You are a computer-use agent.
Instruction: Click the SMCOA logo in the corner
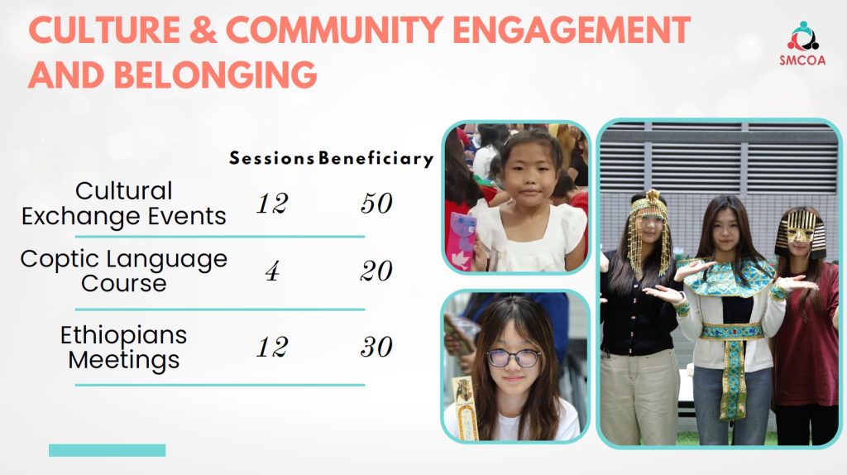click(802, 43)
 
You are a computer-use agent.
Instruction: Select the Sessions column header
click(271, 158)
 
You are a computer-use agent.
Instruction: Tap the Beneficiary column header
click(376, 158)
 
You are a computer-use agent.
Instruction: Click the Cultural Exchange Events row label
click(124, 204)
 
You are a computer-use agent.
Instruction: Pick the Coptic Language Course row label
click(124, 271)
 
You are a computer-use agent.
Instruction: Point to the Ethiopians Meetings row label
click(124, 347)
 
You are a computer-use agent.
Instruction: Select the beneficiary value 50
click(376, 204)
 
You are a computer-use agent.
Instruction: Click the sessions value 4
click(272, 271)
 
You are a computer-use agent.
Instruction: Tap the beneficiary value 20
click(376, 271)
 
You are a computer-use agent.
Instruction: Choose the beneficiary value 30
click(376, 347)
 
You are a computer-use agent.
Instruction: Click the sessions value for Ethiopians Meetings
click(272, 347)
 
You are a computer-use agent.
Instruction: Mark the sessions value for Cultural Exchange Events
click(272, 204)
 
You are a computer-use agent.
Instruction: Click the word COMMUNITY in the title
click(335, 30)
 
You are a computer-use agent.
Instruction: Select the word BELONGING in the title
click(216, 74)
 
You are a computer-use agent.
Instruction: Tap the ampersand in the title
click(203, 30)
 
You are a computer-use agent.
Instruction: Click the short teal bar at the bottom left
click(107, 450)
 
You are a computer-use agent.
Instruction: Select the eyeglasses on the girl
click(514, 357)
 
